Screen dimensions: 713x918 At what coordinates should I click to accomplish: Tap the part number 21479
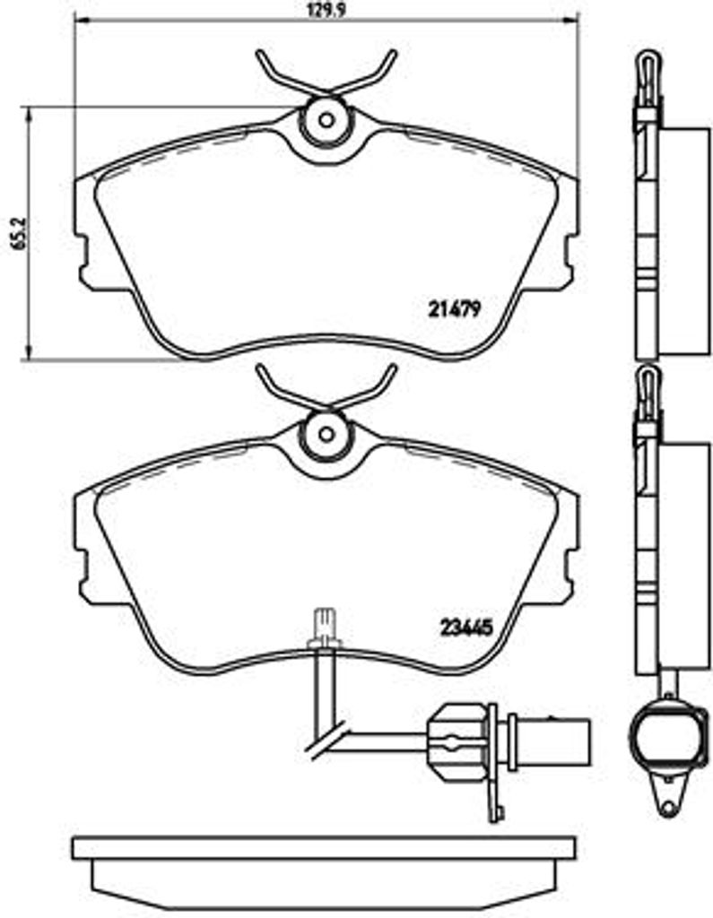tap(455, 308)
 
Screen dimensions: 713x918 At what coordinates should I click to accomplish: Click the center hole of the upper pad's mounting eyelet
tap(326, 121)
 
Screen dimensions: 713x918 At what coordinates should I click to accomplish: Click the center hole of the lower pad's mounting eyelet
tap(326, 435)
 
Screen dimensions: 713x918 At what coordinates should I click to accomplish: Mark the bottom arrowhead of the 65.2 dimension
tap(28, 351)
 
